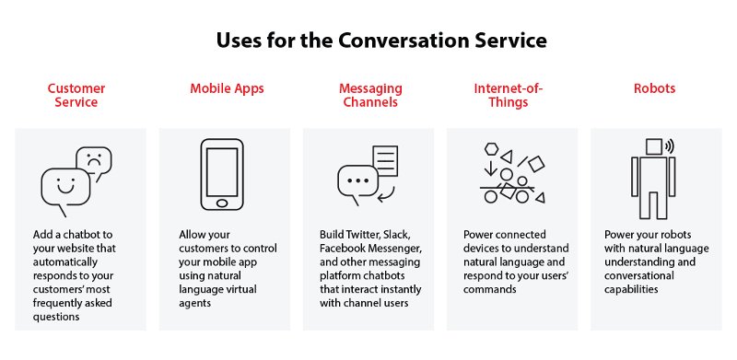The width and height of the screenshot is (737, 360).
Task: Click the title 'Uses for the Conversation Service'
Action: click(381, 41)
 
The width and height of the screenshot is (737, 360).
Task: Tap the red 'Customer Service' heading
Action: click(76, 95)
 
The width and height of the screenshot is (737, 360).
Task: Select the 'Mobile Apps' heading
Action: click(227, 88)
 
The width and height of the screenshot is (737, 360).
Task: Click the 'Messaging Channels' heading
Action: click(370, 95)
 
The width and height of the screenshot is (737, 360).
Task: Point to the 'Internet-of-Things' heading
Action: click(509, 95)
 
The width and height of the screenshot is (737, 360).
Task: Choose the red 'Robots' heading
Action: click(654, 88)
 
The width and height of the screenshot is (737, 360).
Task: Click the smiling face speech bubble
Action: click(64, 192)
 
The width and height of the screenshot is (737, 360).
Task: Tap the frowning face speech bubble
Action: click(94, 163)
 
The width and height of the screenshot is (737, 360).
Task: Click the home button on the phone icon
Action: click(222, 203)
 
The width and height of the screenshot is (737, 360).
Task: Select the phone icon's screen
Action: click(222, 172)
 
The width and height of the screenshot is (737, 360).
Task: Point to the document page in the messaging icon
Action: click(385, 161)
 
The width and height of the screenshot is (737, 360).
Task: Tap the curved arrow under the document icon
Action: click(387, 194)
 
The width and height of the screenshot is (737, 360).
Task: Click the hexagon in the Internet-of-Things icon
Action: click(491, 149)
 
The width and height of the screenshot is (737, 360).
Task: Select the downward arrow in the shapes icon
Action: click(490, 168)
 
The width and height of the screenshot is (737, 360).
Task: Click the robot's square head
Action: click(654, 146)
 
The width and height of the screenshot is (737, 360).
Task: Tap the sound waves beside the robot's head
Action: click(670, 146)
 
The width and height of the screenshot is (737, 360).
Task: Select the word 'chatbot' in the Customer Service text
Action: click(88, 234)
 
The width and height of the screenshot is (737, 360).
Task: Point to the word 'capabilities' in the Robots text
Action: click(631, 289)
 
